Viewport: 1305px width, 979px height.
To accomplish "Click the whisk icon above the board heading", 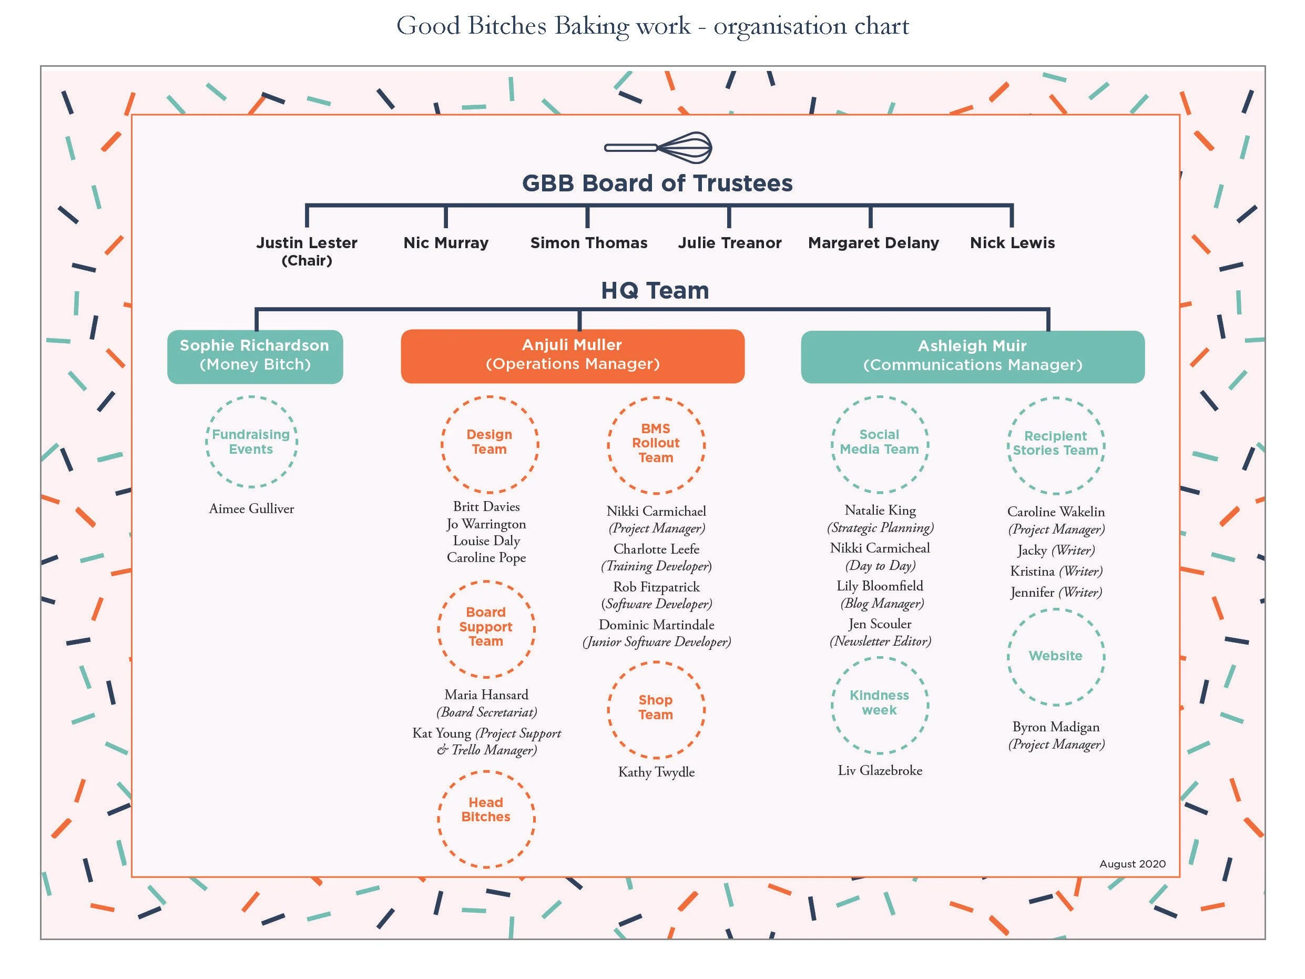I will pos(658,148).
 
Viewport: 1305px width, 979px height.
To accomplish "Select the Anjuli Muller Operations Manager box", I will pos(572,356).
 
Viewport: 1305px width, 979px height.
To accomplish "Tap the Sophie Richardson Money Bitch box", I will pos(255,356).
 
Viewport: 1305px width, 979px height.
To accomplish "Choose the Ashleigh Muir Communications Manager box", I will pos(972,356).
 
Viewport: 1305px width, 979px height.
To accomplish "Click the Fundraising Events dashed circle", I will pos(251,442).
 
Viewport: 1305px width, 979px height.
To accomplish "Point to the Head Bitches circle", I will pos(486,819).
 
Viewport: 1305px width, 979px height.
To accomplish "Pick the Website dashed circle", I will pos(1055,657).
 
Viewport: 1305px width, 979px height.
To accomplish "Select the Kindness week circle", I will pos(880,705).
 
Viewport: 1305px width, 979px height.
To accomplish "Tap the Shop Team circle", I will pos(656,709).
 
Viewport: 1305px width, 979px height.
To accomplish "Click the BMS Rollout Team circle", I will pos(656,444).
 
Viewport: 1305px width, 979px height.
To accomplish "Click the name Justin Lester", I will pos(307,243).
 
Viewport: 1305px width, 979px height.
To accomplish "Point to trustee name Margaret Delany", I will pos(873,243).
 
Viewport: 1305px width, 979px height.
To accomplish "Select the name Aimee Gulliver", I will pos(251,508).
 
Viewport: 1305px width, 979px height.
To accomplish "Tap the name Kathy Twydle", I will pos(656,772).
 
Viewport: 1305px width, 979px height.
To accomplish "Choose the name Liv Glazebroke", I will pos(880,770).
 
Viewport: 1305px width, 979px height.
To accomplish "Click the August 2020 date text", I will pos(1132,864).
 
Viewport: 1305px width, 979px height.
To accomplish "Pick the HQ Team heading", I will pos(655,291).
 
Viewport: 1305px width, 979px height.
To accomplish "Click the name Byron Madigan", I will pos(1055,727).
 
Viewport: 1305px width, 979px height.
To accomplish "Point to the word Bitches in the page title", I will pos(507,26).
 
